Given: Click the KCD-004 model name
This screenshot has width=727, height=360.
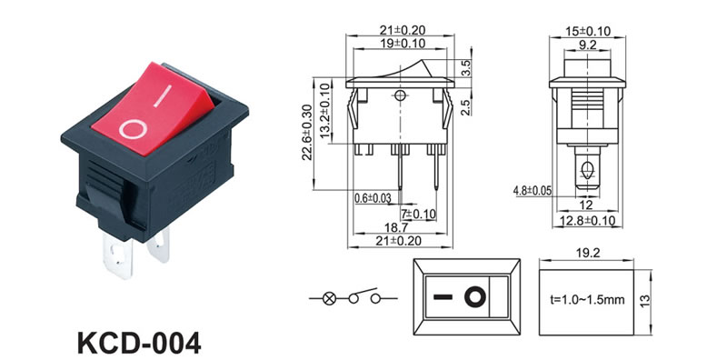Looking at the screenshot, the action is coord(139,344).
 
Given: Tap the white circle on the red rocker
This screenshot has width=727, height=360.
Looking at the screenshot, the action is coord(133,129).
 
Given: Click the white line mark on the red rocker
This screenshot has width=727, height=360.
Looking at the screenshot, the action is coord(163,96).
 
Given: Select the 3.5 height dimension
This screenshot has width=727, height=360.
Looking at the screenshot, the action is coord(467,68).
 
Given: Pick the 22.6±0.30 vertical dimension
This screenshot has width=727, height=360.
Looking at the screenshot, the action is coord(306,132).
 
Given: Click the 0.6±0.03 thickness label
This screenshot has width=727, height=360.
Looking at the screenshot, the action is coord(373,198).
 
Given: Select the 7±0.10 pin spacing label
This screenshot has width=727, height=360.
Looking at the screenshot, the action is coord(419,214).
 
